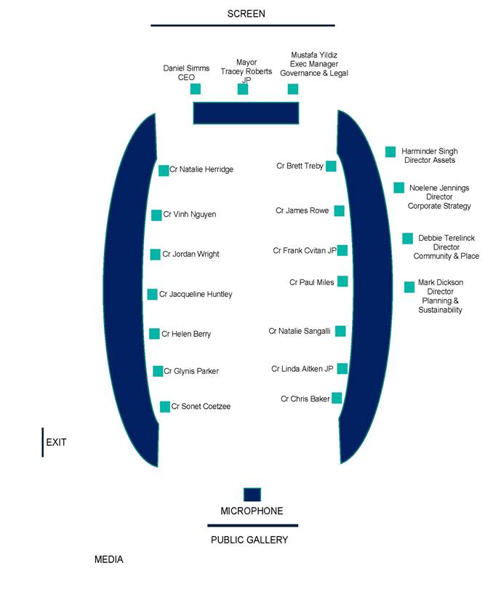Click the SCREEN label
pos(246,14)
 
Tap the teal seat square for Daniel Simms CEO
pos(196,89)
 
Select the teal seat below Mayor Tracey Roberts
pos(243,89)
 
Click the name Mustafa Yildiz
pos(314,55)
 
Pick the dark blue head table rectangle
pos(246,113)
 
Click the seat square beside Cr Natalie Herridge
pos(164,170)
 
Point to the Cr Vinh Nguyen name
pos(190,215)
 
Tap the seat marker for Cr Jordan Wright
pos(156,255)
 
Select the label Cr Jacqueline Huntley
pos(196,294)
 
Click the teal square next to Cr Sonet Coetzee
pos(165,407)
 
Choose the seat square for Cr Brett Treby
pos(331,166)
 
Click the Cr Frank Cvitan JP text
pos(305,250)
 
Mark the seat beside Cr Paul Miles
pos(342,281)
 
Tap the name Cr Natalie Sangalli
pos(300,331)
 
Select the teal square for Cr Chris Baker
pos(337,398)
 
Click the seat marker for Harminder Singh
pos(390,152)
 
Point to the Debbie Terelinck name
pos(446,238)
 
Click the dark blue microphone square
pos(252,495)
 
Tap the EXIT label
pos(56,442)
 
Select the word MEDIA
pos(108,559)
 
